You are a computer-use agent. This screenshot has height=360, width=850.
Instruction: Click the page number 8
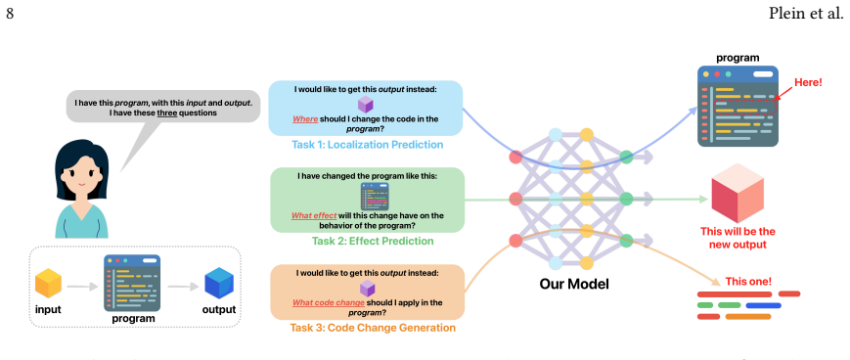[x=10, y=14]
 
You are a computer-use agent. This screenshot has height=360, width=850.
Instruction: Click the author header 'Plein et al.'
[x=806, y=14]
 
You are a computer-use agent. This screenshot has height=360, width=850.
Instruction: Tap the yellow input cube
[x=48, y=283]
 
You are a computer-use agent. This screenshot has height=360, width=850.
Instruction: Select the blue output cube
[x=219, y=284]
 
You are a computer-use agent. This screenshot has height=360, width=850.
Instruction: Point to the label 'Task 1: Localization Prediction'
[x=368, y=145]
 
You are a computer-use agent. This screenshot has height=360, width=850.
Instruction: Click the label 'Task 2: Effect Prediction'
[x=373, y=241]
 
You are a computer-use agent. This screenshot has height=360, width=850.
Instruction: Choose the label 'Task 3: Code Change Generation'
[x=373, y=328]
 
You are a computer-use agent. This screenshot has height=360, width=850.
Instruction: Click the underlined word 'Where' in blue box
[x=305, y=119]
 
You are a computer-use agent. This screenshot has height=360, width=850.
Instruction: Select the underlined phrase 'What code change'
[x=329, y=302]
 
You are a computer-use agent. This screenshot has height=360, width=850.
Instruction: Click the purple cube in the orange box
[x=368, y=288]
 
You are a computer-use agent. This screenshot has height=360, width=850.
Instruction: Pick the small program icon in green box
[x=375, y=197]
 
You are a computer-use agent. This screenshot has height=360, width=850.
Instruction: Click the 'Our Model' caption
[x=574, y=284]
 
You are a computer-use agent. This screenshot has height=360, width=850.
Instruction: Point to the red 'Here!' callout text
[x=808, y=83]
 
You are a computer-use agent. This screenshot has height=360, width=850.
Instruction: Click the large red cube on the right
[x=738, y=194]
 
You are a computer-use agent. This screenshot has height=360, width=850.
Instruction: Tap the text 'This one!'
[x=748, y=282]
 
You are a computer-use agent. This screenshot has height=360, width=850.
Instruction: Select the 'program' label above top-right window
[x=738, y=58]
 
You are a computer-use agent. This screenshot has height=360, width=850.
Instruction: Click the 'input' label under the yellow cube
[x=48, y=309]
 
